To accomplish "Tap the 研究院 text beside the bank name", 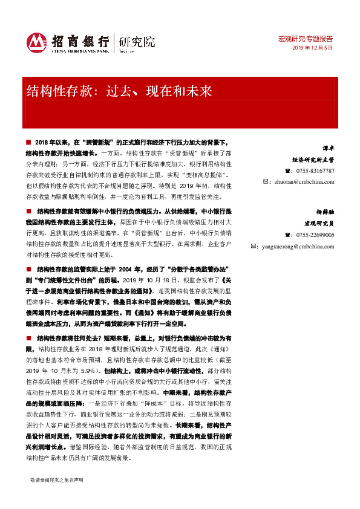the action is click(137, 41).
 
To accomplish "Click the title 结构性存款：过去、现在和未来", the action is click(119, 92).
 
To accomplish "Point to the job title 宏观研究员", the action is click(321, 224).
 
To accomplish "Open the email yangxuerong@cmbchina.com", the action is click(300, 246).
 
